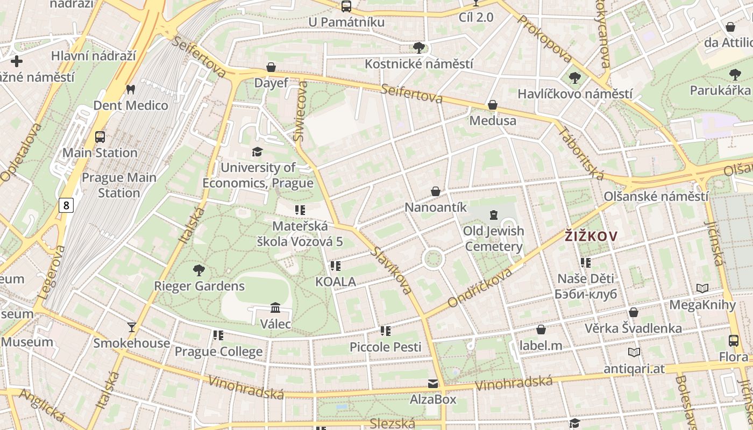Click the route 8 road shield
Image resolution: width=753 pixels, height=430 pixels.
coord(66,205)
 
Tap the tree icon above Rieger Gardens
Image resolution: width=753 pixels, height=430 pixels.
coord(199,270)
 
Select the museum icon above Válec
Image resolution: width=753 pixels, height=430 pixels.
coord(275,308)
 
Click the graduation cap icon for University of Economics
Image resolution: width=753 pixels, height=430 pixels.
coord(258,152)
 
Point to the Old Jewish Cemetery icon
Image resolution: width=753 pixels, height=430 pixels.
coord(493,216)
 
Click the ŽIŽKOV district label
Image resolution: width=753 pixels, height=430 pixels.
coord(590,235)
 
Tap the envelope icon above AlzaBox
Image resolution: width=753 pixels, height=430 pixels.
coord(433,384)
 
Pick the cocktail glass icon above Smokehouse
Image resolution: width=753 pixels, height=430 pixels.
coord(131,327)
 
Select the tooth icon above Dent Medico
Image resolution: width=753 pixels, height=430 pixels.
coord(130,89)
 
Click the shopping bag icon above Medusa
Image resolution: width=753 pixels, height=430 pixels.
coord(492,105)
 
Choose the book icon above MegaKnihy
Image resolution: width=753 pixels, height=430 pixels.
coord(702,289)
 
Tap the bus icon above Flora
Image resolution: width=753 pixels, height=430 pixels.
coord(733,340)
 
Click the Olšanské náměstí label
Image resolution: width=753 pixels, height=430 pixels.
coord(656,196)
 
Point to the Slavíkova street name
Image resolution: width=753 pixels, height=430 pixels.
coord(391,270)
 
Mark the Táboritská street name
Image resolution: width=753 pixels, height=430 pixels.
coord(581,153)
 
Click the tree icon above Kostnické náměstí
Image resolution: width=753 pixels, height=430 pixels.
coord(419,48)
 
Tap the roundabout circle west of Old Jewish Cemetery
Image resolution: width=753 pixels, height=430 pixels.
coord(433,259)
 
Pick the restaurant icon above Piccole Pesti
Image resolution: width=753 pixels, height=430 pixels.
coord(385,331)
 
